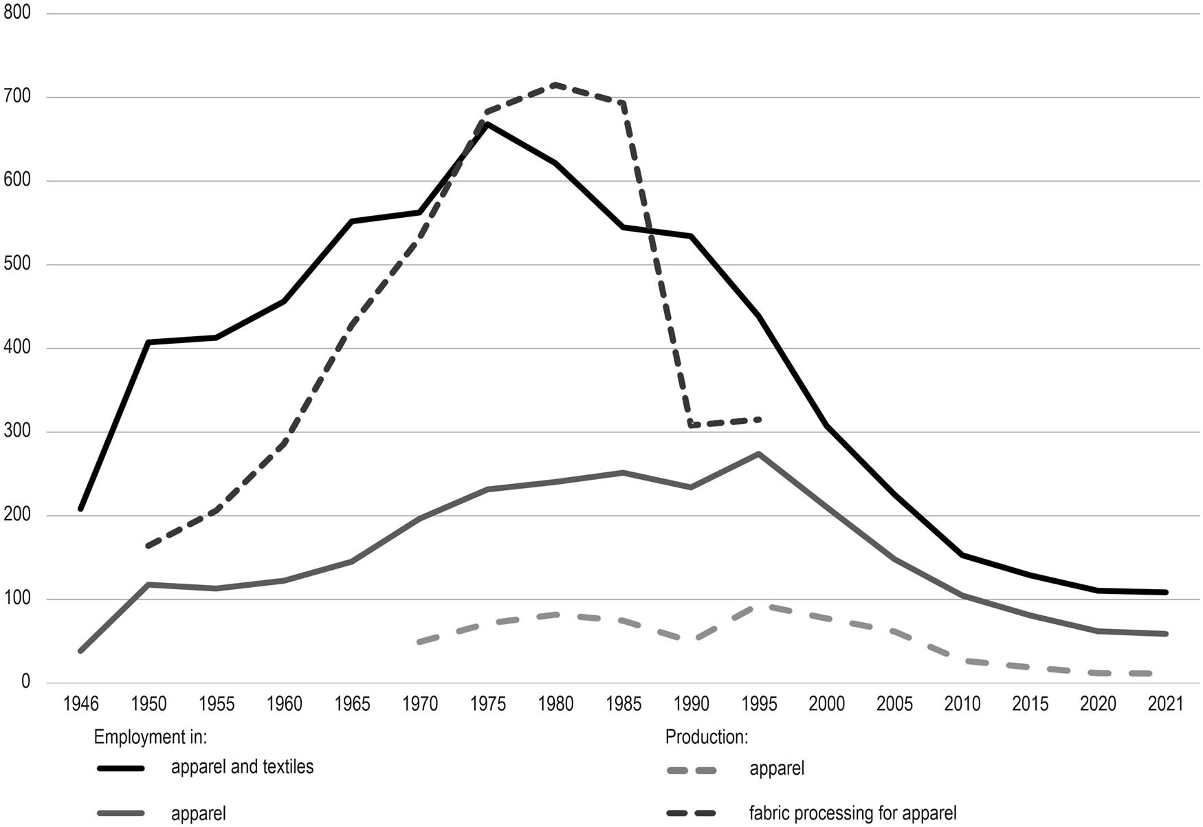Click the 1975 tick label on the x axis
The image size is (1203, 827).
488,704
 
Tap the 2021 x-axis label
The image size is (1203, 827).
1166,704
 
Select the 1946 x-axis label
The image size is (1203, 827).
81,704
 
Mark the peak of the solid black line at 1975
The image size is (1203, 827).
488,124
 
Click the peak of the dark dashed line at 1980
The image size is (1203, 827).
554,85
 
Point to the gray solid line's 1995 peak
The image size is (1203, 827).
758,454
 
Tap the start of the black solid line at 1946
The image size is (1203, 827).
81,509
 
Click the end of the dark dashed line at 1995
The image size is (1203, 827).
758,419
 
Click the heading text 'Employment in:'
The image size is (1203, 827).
151,737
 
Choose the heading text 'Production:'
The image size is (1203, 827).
706,737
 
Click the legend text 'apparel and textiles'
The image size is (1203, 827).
242,767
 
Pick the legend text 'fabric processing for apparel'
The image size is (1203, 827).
852,813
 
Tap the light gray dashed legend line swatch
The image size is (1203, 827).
692,771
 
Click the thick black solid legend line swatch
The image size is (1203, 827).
121,769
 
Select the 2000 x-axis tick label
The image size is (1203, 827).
826,704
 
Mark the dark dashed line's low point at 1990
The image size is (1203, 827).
691,426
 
